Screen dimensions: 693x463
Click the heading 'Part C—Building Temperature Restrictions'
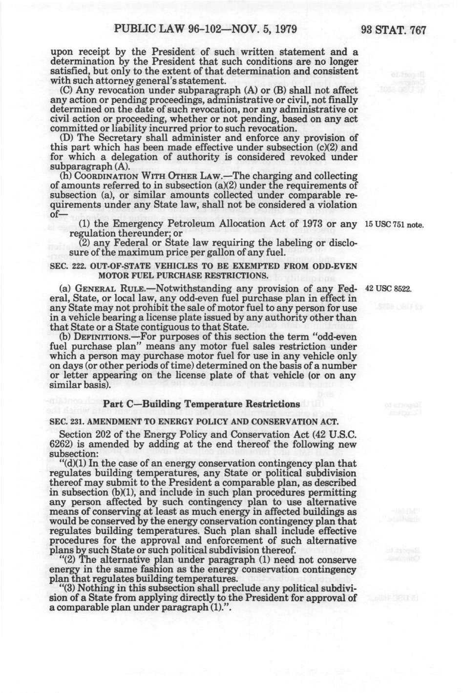[x=205, y=404]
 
